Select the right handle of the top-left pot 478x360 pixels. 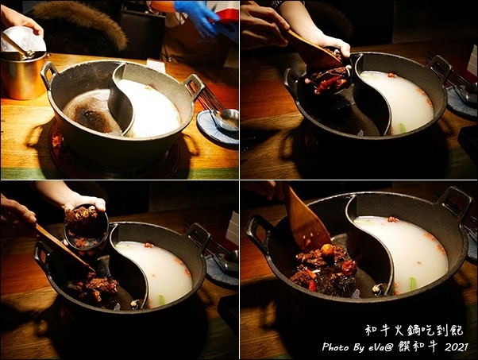tap(194, 85)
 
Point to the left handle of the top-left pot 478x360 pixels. tap(48, 72)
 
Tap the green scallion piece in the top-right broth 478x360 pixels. tap(403, 128)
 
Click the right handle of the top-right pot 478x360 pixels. tap(439, 68)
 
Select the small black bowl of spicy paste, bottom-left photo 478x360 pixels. tap(87, 226)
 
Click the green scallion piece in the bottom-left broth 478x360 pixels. tap(161, 300)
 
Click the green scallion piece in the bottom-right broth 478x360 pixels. tap(413, 283)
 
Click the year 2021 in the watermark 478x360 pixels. tap(457, 347)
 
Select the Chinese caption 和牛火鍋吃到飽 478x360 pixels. tap(414, 331)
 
